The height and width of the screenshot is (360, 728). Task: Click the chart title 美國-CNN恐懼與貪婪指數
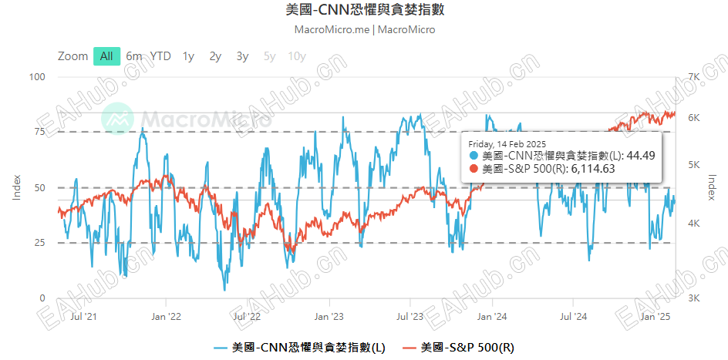pos(365,10)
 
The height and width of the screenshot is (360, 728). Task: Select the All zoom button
pos(106,56)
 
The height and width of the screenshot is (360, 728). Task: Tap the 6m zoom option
pos(134,56)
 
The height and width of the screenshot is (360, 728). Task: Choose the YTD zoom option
pos(160,56)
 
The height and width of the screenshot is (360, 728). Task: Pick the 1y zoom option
pos(188,56)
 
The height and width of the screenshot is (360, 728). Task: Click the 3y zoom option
pos(242,56)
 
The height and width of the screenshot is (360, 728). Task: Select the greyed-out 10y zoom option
pos(296,56)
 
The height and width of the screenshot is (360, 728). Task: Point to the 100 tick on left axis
pos(37,77)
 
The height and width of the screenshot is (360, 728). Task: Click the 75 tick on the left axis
pos(39,132)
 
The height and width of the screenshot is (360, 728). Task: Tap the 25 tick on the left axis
pos(39,243)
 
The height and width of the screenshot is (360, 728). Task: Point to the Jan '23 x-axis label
pos(330,316)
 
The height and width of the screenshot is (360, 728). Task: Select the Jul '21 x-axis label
pos(83,316)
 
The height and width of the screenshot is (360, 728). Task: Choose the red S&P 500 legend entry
pos(458,348)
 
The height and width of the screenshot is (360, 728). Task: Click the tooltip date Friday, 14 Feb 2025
pos(507,144)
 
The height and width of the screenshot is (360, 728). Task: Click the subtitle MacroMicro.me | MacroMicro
pos(365,30)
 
